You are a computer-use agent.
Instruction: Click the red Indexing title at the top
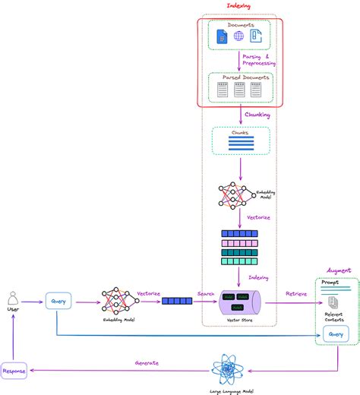click(238, 6)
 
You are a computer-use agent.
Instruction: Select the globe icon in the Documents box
click(239, 36)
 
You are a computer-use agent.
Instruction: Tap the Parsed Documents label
click(239, 77)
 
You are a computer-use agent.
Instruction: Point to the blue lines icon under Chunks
click(239, 144)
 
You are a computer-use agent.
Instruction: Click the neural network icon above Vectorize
click(234, 195)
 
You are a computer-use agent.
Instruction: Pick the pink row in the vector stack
click(239, 242)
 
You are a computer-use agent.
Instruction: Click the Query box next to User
click(58, 301)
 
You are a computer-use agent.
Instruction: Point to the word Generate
click(147, 362)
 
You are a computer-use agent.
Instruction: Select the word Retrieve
click(295, 293)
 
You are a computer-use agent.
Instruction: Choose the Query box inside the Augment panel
click(336, 333)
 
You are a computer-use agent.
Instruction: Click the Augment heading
click(336, 270)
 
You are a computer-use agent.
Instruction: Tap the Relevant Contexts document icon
click(333, 302)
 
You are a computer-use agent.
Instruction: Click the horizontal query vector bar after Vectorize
click(178, 302)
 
